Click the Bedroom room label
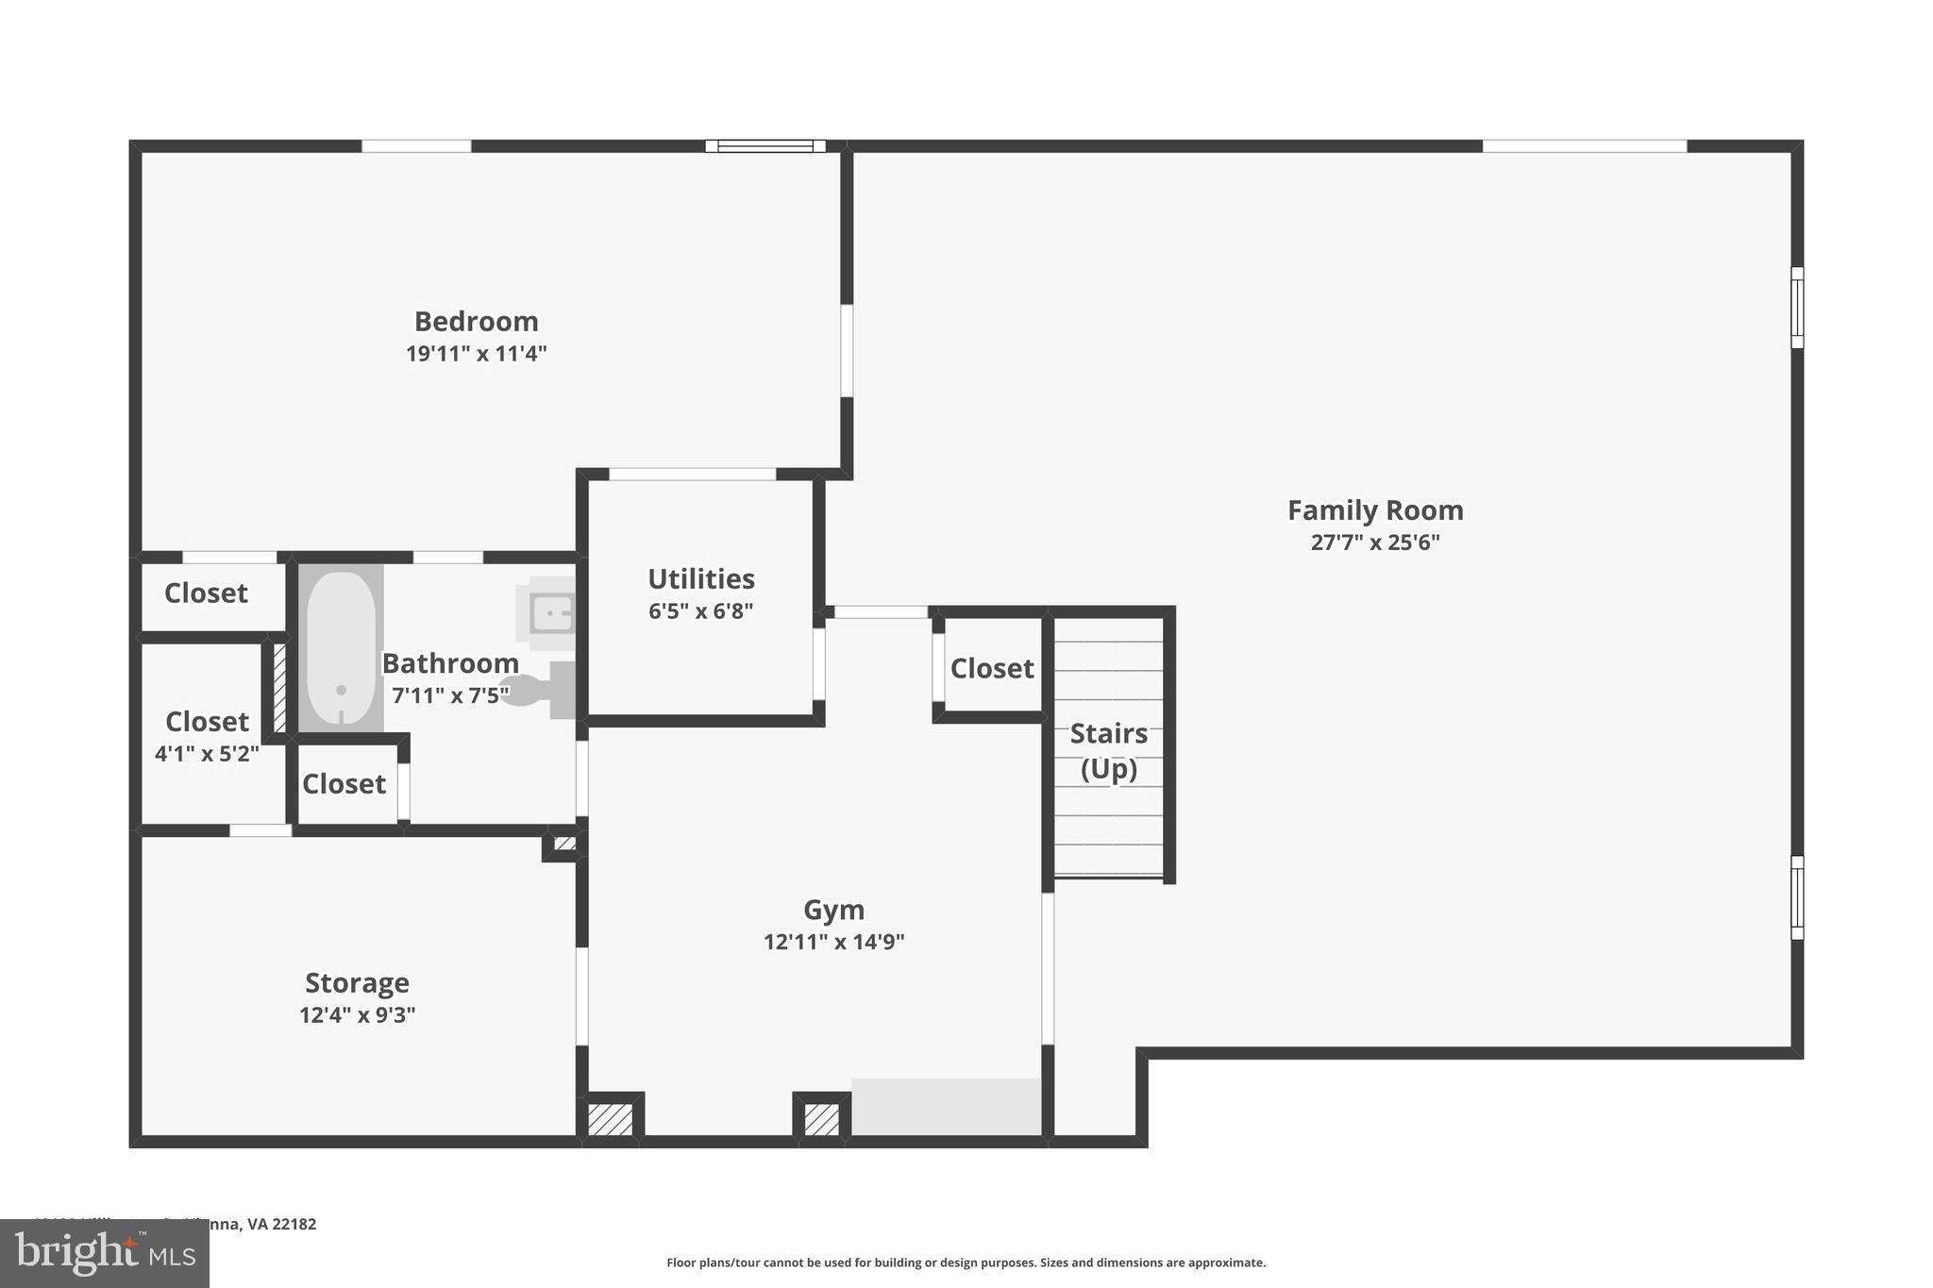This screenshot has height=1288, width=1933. click(476, 322)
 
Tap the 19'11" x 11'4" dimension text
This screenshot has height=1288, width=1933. click(476, 354)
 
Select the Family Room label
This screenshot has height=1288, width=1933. click(1375, 510)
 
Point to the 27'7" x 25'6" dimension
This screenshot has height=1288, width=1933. click(1375, 543)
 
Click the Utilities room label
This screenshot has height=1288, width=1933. click(700, 578)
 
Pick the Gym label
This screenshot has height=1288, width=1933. click(833, 910)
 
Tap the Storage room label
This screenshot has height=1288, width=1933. click(357, 983)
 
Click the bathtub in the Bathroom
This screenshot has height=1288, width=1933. click(341, 647)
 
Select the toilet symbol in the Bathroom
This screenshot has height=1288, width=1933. click(539, 690)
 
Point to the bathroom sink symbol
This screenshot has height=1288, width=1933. click(550, 614)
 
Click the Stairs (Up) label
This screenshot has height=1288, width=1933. click(1108, 751)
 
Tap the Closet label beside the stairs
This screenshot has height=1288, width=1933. click(992, 669)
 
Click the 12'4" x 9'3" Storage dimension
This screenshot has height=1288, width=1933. click(357, 1015)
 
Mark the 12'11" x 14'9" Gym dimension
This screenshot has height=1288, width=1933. click(833, 942)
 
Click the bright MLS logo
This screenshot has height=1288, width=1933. click(105, 1254)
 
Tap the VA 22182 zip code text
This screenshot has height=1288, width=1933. click(281, 1224)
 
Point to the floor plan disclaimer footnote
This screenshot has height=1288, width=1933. click(966, 1263)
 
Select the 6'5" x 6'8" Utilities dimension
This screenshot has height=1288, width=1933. click(700, 611)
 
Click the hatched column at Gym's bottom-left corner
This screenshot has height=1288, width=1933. click(610, 1119)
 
